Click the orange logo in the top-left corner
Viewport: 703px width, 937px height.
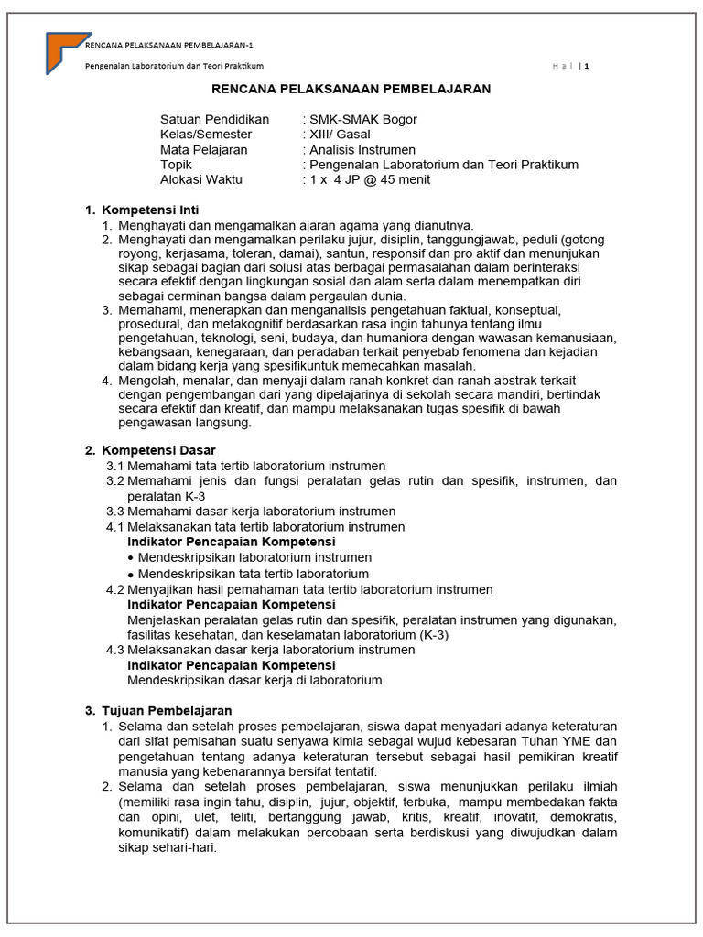pos(64,51)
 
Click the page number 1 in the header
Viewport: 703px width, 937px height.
pos(587,66)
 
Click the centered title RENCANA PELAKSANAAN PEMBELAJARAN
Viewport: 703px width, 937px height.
pos(351,89)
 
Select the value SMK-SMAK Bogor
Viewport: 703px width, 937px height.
pos(362,120)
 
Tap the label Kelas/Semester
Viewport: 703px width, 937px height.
pos(206,135)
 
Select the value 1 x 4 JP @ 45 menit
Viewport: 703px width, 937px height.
pos(369,179)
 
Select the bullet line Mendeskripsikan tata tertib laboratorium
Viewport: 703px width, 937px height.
pos(253,574)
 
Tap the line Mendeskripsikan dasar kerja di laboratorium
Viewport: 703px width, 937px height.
pos(254,681)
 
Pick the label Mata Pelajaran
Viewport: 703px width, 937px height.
pos(204,149)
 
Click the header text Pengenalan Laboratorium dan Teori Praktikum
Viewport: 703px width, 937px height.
pos(175,66)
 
